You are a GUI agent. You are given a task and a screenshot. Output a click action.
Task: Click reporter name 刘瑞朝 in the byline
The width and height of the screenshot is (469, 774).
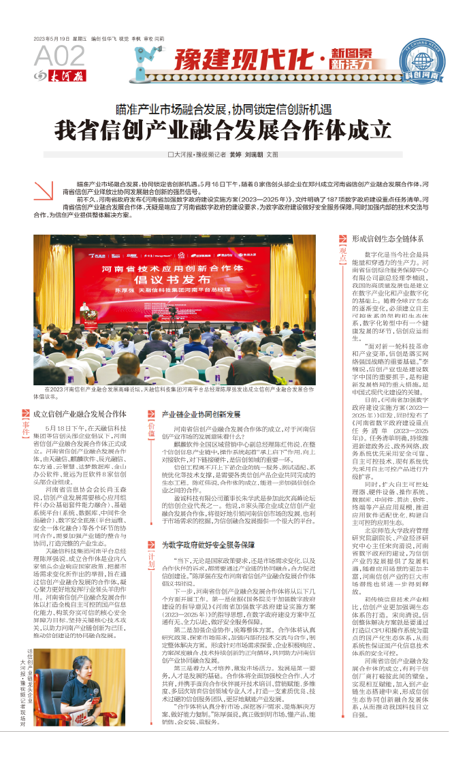click(255, 155)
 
